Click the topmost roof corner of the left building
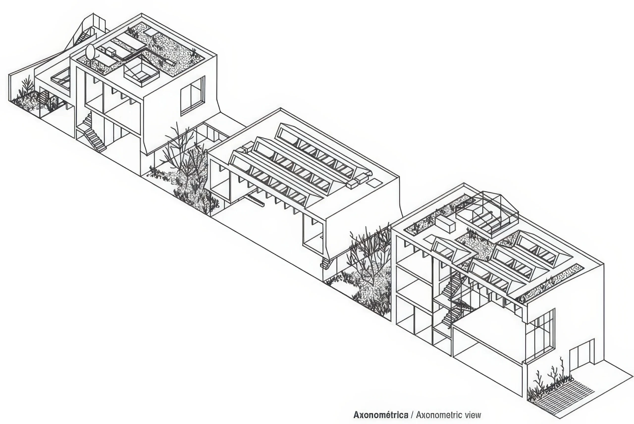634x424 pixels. coord(141,13)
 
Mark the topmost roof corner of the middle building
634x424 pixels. coord(281,108)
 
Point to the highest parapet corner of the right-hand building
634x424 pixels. coord(464,183)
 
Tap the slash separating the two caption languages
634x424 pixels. coord(412,415)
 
